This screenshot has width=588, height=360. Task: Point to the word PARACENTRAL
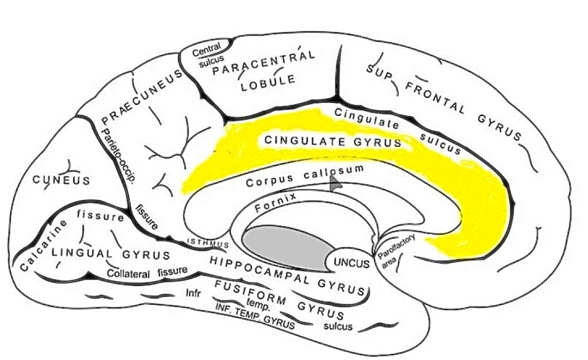[264, 64]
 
